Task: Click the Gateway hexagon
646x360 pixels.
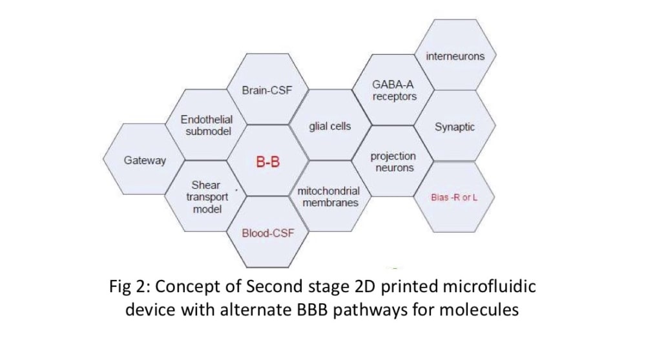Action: click(x=145, y=160)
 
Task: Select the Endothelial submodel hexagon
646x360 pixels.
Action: click(x=207, y=125)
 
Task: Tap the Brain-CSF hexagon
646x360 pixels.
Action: click(x=267, y=90)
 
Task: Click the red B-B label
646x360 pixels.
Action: click(x=268, y=162)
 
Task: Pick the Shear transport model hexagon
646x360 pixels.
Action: click(x=207, y=196)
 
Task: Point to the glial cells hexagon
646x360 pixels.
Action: click(x=330, y=126)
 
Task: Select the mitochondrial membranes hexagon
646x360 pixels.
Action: click(x=328, y=197)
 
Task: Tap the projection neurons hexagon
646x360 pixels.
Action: click(x=393, y=162)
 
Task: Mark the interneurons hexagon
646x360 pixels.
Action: click(x=455, y=56)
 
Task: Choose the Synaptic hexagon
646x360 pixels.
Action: click(x=455, y=127)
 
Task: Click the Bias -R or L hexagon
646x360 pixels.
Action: click(x=454, y=196)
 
